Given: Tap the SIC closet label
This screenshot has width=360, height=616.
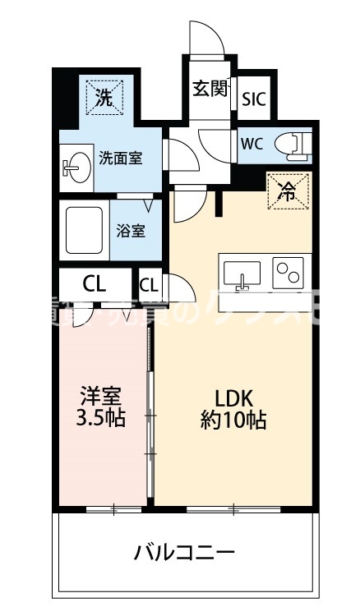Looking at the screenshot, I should tap(253, 99).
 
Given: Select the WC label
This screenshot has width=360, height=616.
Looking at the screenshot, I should tap(252, 142).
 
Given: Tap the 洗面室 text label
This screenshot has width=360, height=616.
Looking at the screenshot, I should tap(121, 158).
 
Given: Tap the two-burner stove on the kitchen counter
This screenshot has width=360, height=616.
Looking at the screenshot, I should tap(288, 272).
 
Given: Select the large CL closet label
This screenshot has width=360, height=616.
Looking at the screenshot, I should tap(95, 285).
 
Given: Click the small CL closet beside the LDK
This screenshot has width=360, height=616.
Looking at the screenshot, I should tap(149, 285).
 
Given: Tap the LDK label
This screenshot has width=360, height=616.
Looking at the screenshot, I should tap(233, 395).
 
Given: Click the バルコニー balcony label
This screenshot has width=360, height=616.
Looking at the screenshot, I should tap(185, 551).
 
